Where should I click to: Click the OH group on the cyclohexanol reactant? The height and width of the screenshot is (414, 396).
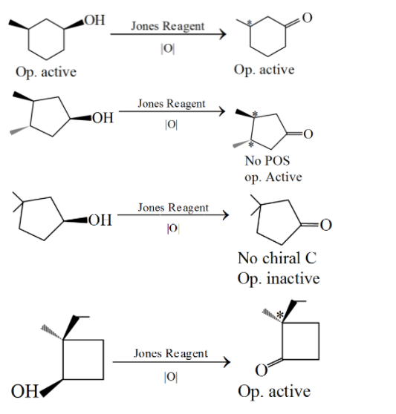point(94,20)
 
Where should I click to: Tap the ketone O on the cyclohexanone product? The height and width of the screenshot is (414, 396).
point(307,18)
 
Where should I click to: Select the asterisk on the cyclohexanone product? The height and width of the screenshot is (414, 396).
point(249,23)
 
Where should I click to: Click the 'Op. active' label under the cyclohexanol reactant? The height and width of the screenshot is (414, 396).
point(46,72)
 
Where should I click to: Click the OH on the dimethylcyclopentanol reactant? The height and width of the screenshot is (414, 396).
point(103,118)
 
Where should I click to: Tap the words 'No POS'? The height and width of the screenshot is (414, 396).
point(267,160)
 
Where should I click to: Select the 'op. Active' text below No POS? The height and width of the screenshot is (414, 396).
point(273,177)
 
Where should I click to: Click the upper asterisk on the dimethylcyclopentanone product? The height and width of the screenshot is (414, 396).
point(255,114)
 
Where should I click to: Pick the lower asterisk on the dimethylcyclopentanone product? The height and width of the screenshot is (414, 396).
point(251,144)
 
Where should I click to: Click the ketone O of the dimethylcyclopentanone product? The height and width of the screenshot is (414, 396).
point(308,134)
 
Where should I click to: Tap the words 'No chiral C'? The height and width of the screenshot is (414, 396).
point(277,258)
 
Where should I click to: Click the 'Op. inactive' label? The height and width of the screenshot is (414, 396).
point(279,278)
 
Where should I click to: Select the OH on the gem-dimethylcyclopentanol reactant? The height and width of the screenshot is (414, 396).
point(100,220)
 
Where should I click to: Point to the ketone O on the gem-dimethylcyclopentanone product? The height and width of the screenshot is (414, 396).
point(326,225)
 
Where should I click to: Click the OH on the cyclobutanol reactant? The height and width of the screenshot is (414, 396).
point(25,391)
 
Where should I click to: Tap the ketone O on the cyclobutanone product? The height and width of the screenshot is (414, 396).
point(262,370)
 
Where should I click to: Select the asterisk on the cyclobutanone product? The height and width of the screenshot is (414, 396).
point(280,315)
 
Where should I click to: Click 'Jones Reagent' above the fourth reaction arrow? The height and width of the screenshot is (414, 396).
point(171,354)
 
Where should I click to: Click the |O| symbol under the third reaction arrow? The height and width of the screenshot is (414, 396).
point(173,229)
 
